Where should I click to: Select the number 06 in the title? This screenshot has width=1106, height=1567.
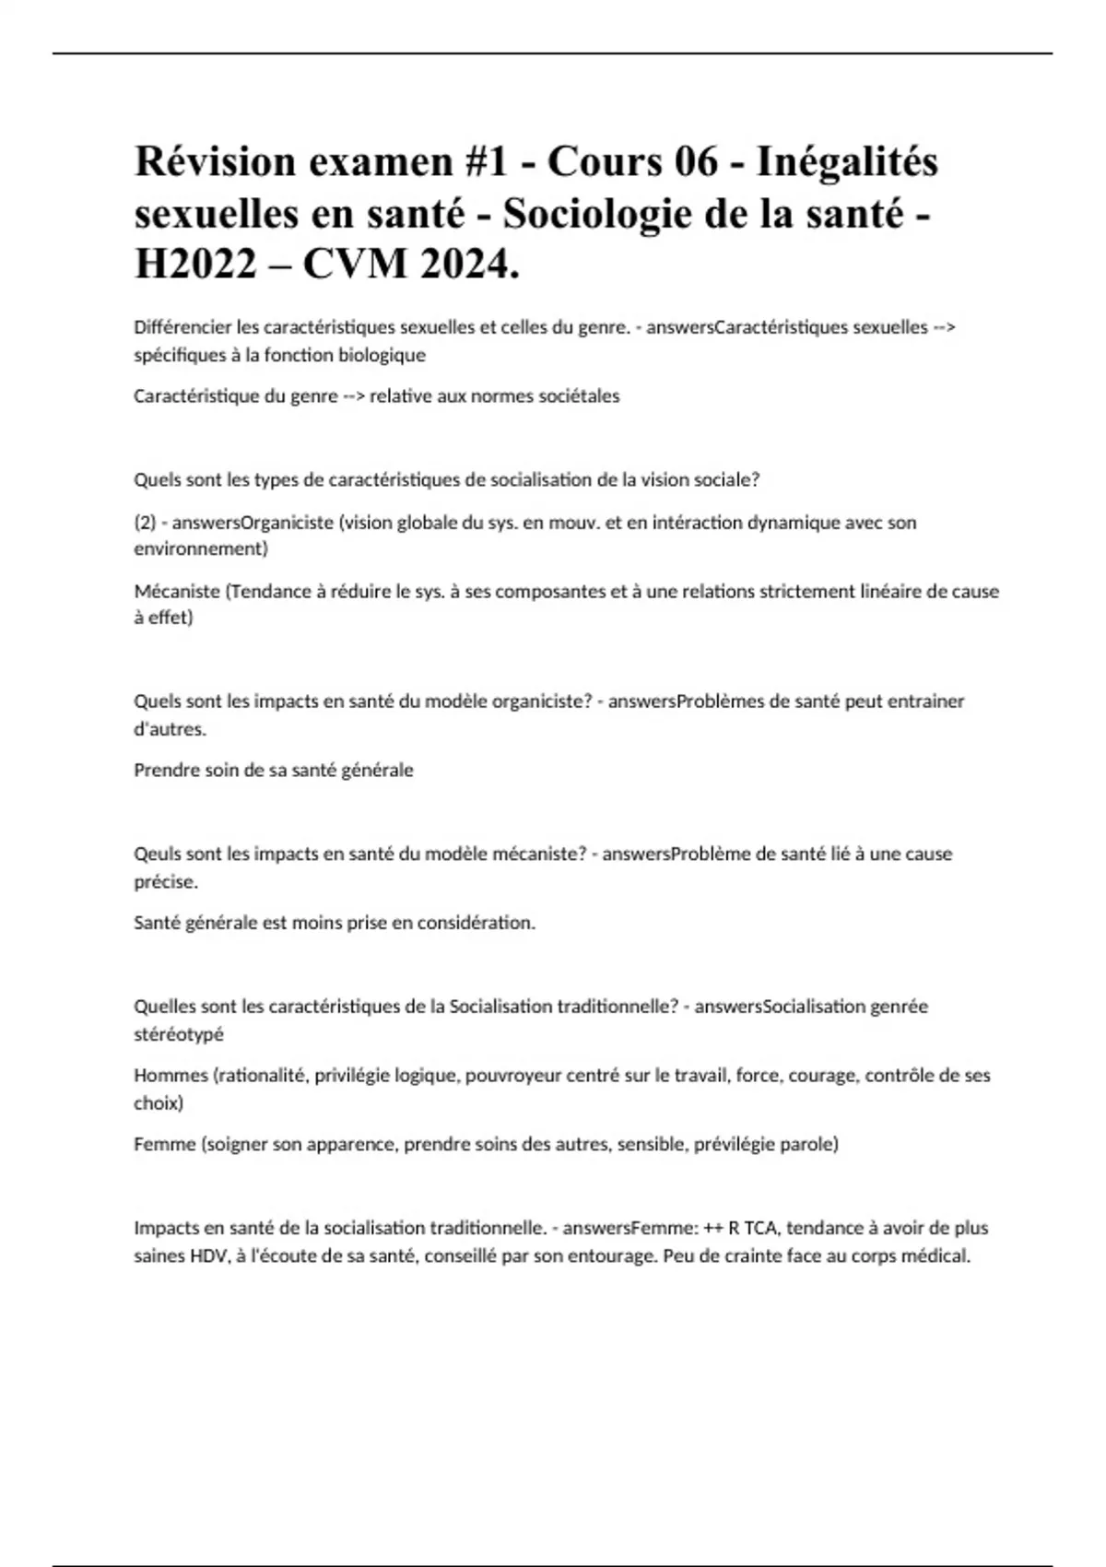(696, 162)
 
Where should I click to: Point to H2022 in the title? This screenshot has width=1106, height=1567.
(195, 265)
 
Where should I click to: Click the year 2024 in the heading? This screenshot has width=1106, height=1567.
(465, 265)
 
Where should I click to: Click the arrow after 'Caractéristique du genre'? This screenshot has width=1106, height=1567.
(354, 396)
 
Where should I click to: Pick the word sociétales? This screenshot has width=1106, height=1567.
(575, 396)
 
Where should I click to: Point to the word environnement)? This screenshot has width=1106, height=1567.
(201, 548)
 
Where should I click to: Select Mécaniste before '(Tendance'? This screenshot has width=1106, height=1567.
(177, 591)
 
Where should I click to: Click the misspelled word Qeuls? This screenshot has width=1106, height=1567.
(158, 854)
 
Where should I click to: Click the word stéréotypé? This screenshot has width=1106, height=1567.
(179, 1034)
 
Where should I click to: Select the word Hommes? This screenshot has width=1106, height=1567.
(171, 1075)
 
